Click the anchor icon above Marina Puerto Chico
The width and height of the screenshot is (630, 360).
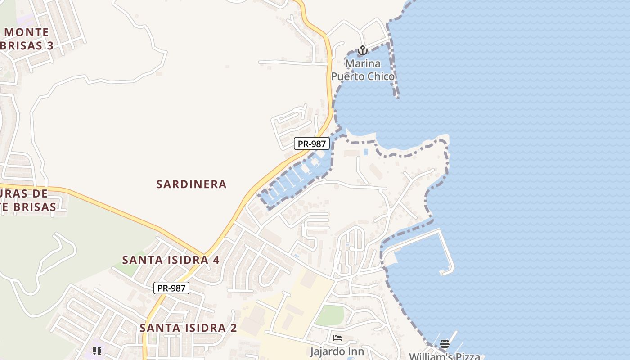click(x=362, y=50)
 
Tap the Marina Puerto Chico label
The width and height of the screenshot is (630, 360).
click(x=363, y=70)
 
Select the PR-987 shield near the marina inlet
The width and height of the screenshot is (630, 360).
click(x=312, y=144)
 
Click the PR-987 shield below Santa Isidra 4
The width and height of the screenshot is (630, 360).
click(x=171, y=288)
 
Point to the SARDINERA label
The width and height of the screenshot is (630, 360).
click(x=191, y=184)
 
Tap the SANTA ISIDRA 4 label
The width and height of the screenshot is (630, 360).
click(x=171, y=260)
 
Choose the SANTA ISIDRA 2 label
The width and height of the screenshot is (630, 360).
click(x=188, y=328)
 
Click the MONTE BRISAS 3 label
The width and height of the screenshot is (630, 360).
click(x=27, y=39)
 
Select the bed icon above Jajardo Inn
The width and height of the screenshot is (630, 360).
click(x=337, y=338)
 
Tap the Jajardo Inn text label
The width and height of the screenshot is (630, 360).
click(x=337, y=351)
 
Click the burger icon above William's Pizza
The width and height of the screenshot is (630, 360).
click(x=445, y=344)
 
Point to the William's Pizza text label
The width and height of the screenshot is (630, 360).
click(x=445, y=356)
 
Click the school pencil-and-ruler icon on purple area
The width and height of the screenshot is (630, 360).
click(x=97, y=351)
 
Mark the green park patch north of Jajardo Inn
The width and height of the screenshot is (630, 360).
click(x=329, y=315)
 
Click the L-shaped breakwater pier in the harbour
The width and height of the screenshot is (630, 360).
click(x=445, y=252)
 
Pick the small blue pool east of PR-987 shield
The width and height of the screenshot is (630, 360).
click(x=365, y=152)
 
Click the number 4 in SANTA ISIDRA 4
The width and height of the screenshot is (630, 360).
click(x=216, y=260)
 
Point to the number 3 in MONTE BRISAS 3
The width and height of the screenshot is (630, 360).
click(x=50, y=45)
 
